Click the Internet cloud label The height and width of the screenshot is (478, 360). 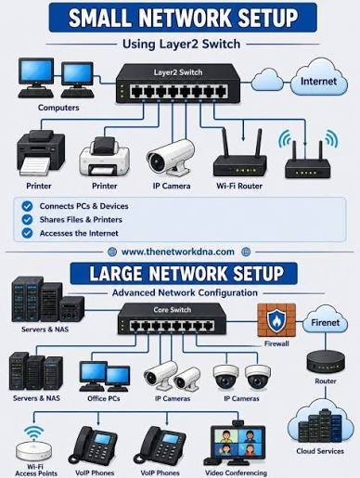pos(318,82)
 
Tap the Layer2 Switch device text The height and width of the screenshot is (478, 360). pos(178,72)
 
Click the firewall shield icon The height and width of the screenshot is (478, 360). pos(276,320)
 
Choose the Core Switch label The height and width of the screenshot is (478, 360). pos(173,310)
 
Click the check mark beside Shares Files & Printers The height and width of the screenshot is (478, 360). pos(27,219)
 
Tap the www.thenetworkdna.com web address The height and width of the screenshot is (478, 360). pos(178,252)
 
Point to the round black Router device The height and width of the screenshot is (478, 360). pos(326,361)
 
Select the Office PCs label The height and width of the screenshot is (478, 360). pos(104,398)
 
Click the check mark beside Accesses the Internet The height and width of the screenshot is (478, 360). pos(27,233)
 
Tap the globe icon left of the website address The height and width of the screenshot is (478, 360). pos(112,252)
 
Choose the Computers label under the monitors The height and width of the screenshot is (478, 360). pos(58,108)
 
